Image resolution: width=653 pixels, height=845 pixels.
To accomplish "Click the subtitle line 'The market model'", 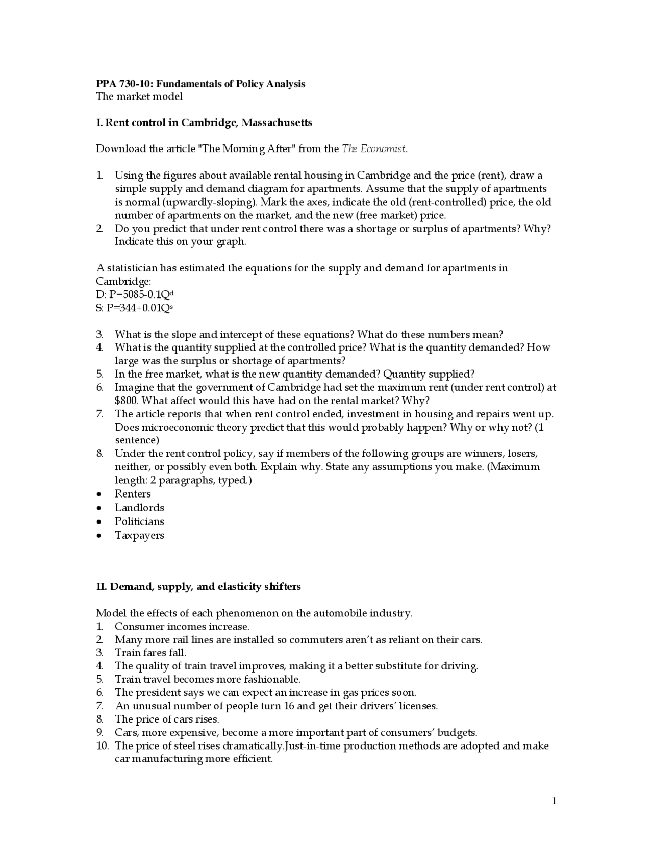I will (139, 96).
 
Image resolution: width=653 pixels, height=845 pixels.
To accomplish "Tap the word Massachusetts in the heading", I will (277, 123).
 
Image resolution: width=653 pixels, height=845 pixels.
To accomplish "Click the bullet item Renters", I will (133, 494).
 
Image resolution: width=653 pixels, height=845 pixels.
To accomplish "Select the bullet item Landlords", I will (139, 508).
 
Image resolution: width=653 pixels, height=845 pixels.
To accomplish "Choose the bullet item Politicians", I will (139, 521).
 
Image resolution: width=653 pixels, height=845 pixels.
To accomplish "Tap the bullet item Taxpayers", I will (139, 535).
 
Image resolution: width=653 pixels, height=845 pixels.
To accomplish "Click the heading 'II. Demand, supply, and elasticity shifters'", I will (198, 587).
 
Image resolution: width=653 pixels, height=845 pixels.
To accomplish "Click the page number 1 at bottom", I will (554, 801).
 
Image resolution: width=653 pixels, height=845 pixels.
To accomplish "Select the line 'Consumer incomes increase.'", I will (182, 627).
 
